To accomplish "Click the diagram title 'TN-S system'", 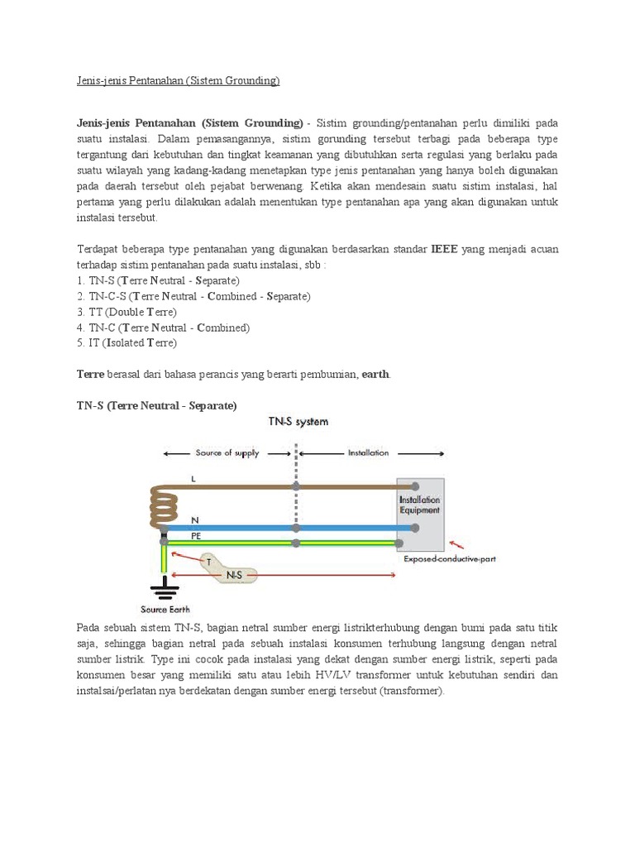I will [298, 421].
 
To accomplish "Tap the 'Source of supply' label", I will [227, 453].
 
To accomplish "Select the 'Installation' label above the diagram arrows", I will [368, 453].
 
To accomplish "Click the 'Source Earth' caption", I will [167, 610].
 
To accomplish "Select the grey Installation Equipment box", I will [419, 514].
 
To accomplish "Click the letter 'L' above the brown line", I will [193, 479].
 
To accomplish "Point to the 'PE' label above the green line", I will [197, 535].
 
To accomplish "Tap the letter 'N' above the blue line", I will [195, 519].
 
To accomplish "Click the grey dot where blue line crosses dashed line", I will [296, 528].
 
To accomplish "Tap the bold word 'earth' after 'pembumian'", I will [375, 374].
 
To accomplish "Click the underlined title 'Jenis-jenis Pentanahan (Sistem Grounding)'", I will [174, 80].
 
